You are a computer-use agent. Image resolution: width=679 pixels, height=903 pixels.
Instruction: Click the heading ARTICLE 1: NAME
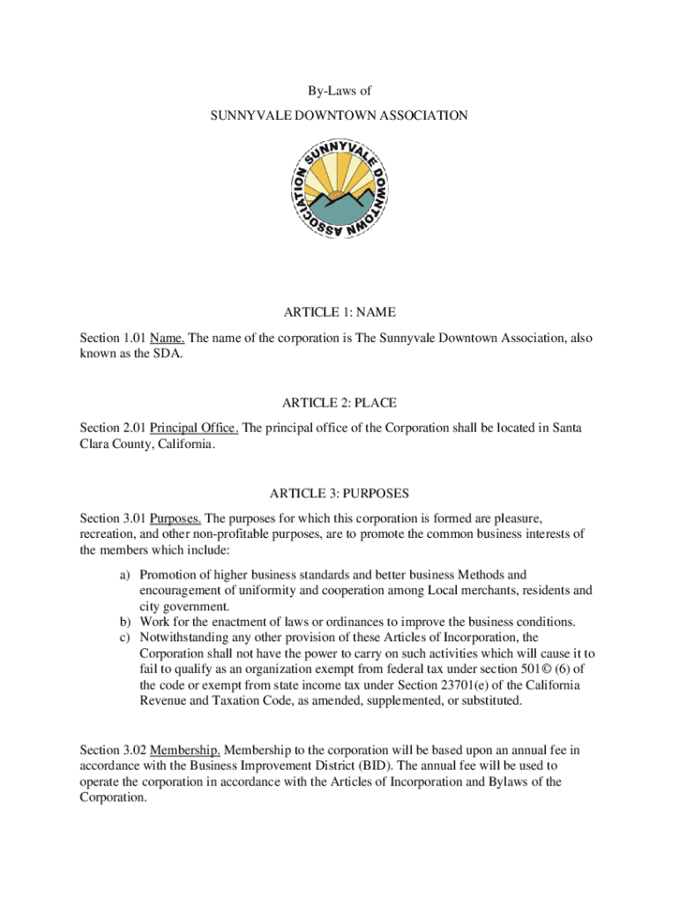pyautogui.click(x=339, y=312)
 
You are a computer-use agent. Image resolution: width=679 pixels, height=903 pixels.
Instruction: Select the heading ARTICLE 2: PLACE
pyautogui.click(x=339, y=403)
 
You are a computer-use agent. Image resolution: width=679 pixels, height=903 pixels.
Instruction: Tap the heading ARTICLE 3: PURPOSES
pyautogui.click(x=339, y=493)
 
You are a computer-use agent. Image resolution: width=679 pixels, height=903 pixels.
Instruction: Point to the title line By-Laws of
pyautogui.click(x=339, y=89)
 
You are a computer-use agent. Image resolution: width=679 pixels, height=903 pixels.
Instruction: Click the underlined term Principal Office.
pyautogui.click(x=194, y=429)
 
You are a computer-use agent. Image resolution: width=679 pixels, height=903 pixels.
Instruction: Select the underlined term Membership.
pyautogui.click(x=184, y=750)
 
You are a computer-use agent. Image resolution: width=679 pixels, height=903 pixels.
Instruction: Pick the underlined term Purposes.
pyautogui.click(x=175, y=519)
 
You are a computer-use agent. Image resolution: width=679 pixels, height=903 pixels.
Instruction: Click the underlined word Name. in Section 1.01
pyautogui.click(x=167, y=338)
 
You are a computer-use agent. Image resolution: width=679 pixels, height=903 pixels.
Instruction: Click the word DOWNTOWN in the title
pyautogui.click(x=338, y=116)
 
